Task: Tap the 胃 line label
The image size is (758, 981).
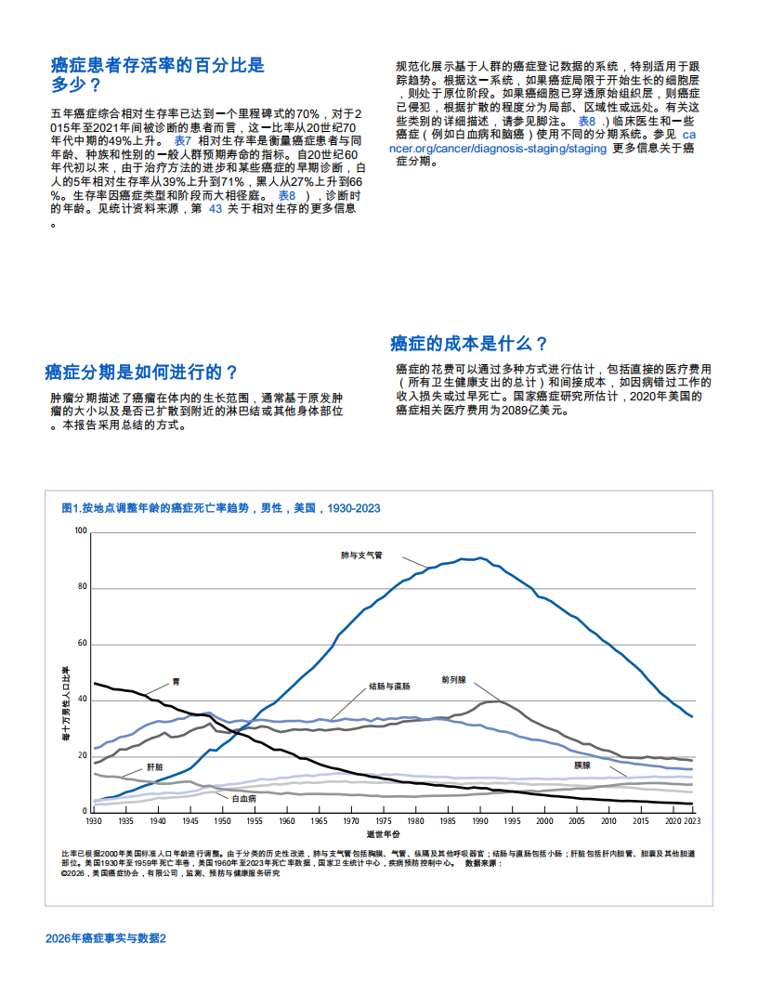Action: [176, 682]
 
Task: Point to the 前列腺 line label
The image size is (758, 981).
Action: [453, 680]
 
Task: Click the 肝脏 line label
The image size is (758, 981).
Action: [155, 767]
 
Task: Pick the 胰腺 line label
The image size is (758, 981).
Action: [582, 765]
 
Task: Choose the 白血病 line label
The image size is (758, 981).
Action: [243, 798]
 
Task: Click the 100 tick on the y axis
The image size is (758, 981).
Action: [80, 531]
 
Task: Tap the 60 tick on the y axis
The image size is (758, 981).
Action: [82, 644]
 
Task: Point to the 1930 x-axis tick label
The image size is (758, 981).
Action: [94, 822]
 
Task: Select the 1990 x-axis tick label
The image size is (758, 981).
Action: [479, 822]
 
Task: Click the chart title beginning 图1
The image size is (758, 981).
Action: [220, 508]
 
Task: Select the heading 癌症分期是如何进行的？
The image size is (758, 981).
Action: [141, 373]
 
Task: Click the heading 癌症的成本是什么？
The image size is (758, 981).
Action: [468, 343]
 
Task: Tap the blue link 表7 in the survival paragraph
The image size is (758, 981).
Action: [182, 140]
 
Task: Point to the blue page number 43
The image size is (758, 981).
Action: [215, 209]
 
